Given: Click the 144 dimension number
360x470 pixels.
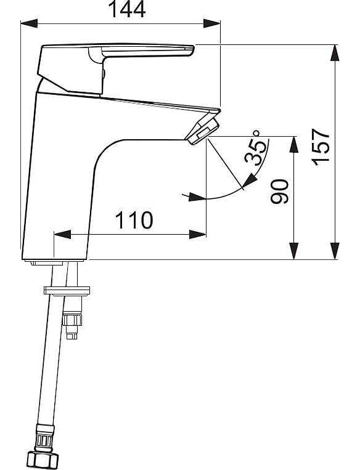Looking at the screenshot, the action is (126, 9).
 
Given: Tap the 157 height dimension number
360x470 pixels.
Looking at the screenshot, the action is (321, 147).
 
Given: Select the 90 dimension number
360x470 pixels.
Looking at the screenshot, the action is (279, 192).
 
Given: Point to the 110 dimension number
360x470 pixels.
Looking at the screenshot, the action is (134, 220).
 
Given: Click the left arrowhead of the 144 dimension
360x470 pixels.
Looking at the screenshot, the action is (29, 23).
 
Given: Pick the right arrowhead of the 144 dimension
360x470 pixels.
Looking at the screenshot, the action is (212, 23).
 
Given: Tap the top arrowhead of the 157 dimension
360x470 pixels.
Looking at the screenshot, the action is (335, 54).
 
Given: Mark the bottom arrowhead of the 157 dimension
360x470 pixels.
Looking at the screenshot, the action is (335, 251).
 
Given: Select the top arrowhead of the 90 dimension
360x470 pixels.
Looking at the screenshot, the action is (294, 145).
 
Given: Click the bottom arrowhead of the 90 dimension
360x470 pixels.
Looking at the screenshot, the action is (294, 251).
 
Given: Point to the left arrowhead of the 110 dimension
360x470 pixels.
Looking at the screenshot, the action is (62, 235).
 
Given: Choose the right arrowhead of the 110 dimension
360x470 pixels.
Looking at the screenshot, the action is (198, 235).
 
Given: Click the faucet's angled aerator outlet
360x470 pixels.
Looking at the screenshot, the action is (202, 131).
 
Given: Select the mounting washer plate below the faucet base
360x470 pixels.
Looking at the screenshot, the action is (67, 291).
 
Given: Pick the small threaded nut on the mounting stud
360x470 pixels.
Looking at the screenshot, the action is (72, 320).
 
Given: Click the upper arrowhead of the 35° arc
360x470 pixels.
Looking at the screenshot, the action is (250, 180).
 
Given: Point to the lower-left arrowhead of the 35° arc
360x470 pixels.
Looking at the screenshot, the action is (197, 197).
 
